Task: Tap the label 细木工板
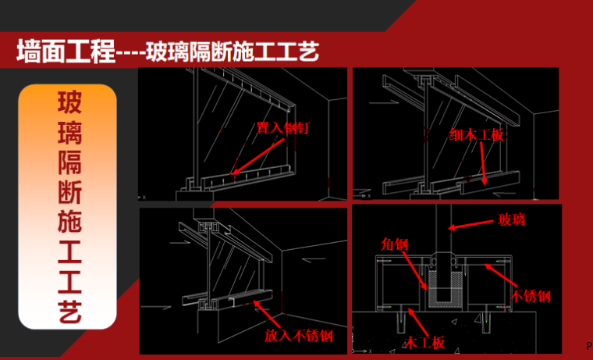pos(477,135)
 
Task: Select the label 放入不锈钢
pos(298,336)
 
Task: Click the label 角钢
pos(394,244)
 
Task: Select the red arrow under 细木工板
pos(485,164)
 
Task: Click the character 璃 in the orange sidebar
pos(68,135)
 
